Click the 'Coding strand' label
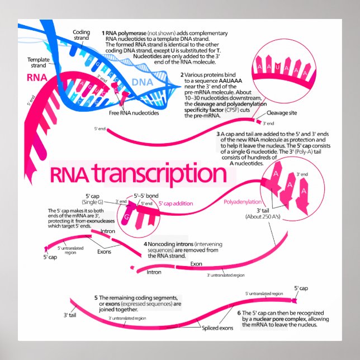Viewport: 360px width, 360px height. [82, 35]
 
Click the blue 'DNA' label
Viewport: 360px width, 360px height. [142, 83]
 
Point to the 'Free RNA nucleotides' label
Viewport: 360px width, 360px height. [134, 113]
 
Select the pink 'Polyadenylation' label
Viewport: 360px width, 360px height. [242, 201]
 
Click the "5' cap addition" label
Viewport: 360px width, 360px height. [176, 204]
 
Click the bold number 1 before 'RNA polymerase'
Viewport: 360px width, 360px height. [103, 33]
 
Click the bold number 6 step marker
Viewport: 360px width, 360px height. [239, 312]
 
